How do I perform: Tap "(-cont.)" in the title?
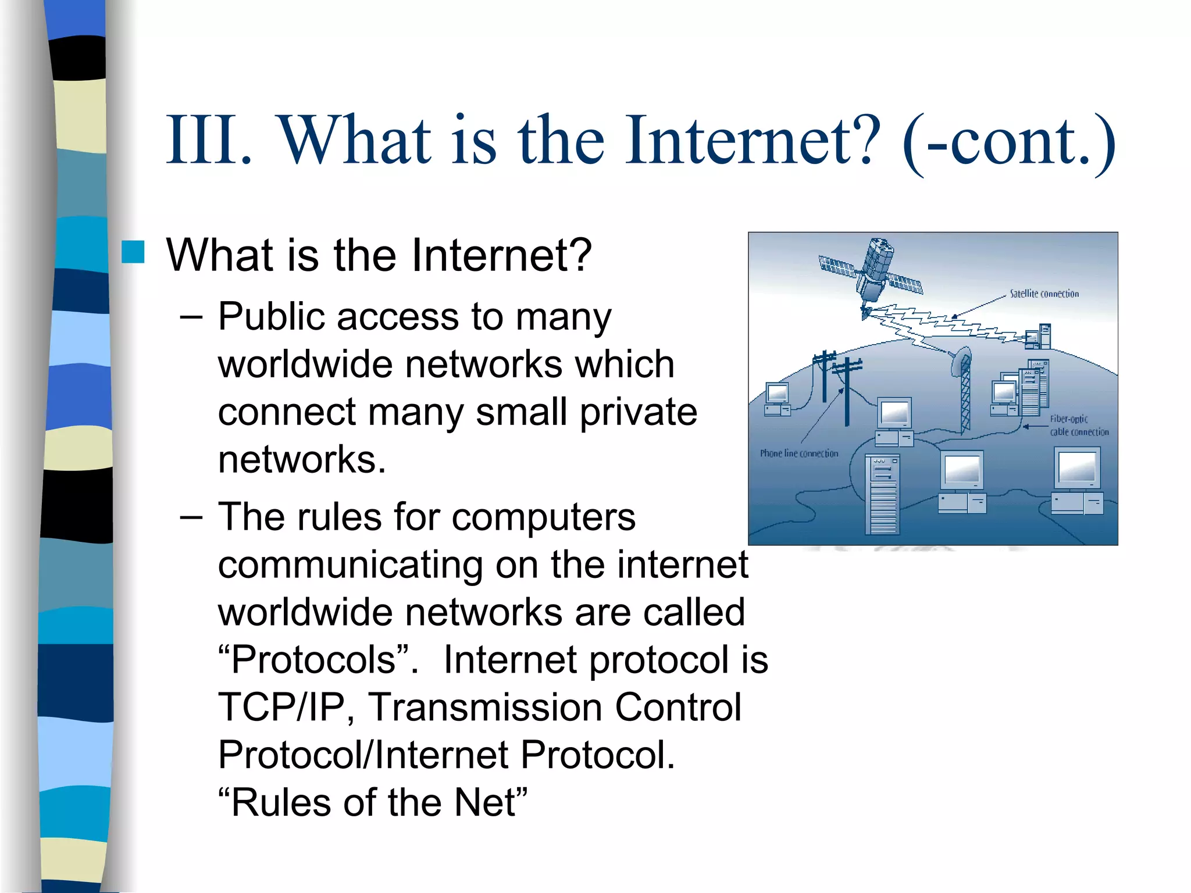coord(1009,142)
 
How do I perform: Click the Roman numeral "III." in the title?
coord(209,141)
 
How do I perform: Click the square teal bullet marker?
coord(133,252)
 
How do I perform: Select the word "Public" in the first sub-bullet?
coord(272,317)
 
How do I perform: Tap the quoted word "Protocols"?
coord(314,660)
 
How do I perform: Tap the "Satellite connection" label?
coord(1044,294)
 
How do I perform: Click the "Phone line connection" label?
coord(799,453)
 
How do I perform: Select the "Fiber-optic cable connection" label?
coord(1079,426)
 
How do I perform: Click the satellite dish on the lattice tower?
coord(961,361)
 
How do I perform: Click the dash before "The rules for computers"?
coord(191,516)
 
